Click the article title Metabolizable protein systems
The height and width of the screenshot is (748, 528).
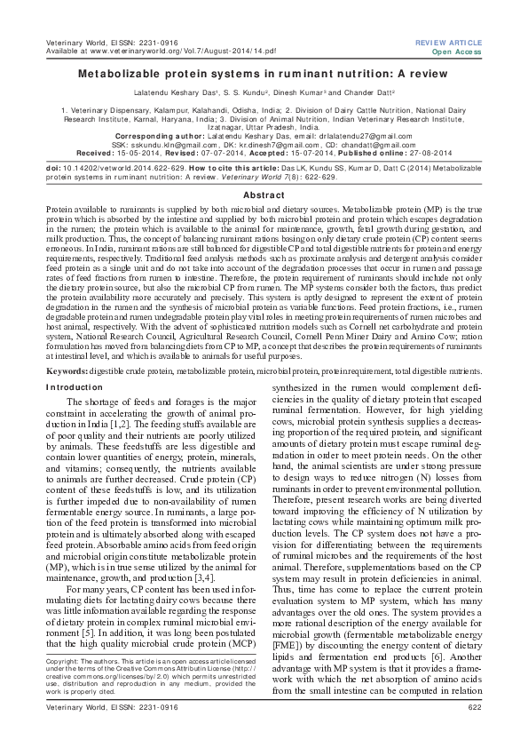264,76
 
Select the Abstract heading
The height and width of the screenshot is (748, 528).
264,195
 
